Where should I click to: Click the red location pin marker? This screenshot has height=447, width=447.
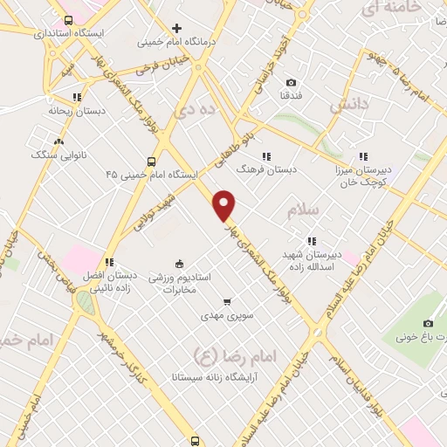(225, 205)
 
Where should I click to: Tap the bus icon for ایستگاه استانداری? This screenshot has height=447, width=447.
(69, 19)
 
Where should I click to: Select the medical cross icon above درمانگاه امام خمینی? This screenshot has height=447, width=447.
(178, 28)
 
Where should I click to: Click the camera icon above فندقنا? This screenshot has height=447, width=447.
(291, 83)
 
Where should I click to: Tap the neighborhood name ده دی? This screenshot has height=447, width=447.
(196, 112)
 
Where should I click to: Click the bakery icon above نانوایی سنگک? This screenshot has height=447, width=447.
(58, 141)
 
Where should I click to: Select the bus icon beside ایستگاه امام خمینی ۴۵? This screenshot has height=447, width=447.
(151, 162)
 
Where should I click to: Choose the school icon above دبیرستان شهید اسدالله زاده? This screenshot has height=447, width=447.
(311, 242)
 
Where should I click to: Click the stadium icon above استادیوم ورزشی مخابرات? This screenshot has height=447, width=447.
(180, 264)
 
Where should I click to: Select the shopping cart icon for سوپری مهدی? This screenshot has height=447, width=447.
(226, 302)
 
